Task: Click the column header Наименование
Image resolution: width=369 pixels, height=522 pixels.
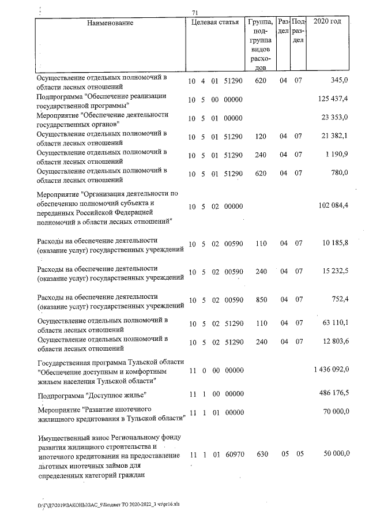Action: pos(110,23)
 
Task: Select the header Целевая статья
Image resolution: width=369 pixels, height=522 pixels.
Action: pos(214,23)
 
